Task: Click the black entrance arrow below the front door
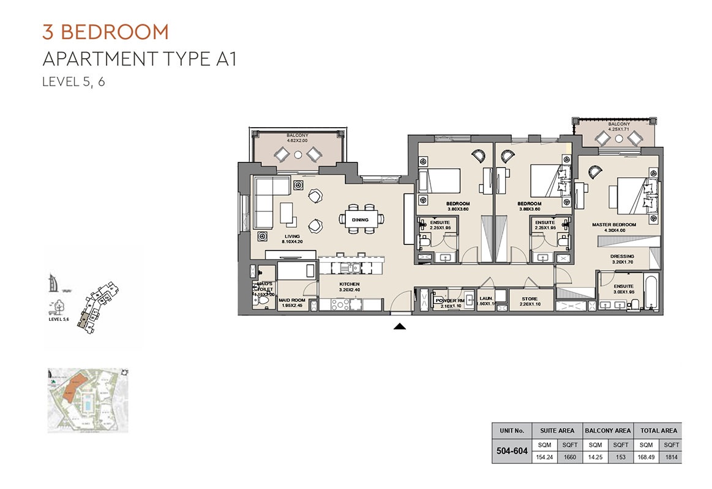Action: coord(399,326)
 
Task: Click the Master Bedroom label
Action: coord(613,225)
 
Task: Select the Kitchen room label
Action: coord(350,285)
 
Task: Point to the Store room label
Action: coord(530,299)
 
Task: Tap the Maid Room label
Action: coord(291,300)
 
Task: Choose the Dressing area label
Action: coord(623,257)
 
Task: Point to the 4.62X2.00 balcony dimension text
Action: coord(298,140)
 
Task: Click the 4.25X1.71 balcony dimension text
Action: coord(619,129)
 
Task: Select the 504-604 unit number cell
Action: coord(512,452)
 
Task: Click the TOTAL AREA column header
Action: coord(659,430)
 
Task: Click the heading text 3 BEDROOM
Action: coord(105,31)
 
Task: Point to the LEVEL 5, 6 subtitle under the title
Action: coord(73,83)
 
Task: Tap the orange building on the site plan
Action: coord(72,389)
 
